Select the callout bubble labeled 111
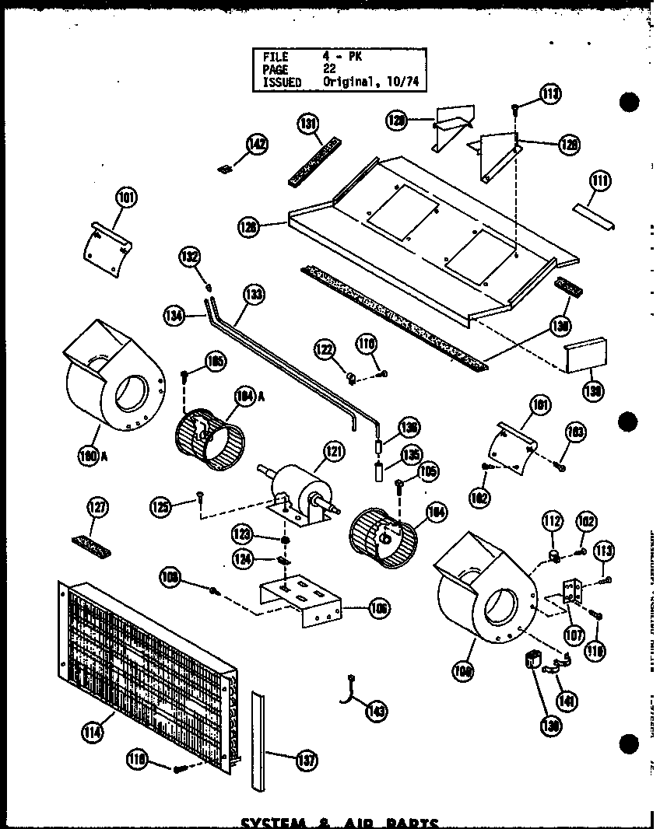point(599,181)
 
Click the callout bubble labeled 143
point(378,710)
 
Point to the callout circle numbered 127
point(98,508)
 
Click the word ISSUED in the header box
point(282,82)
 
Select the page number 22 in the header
point(329,68)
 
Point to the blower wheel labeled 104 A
point(208,440)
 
